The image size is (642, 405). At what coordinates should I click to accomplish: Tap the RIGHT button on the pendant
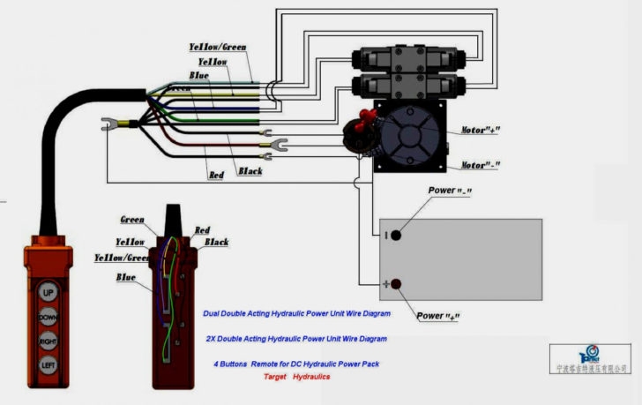point(48,341)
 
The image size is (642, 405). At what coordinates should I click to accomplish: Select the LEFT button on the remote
point(48,364)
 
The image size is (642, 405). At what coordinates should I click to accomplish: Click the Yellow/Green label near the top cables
point(218,46)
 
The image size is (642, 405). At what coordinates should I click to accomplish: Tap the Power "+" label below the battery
point(440,315)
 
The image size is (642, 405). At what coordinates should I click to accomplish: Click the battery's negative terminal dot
point(396,235)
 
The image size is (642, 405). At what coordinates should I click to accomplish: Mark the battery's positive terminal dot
point(396,284)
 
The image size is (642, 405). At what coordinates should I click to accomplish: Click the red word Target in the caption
point(275,376)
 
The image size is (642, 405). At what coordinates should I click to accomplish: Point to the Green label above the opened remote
point(133,219)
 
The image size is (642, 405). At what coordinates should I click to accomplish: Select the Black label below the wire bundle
point(250,171)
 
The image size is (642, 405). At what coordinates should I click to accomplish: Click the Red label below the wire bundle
point(217,176)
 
